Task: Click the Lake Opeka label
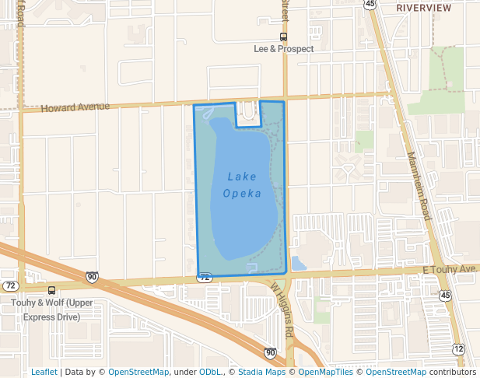pos(242,185)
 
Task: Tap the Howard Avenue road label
pos(75,108)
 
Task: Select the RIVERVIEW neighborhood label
pos(423,7)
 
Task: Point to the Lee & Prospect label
pos(284,48)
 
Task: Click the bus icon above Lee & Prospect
pos(284,37)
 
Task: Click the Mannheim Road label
pos(419,186)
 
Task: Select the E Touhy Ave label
pos(448,269)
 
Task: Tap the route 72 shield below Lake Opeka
pos(205,277)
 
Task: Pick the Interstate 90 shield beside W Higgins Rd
pos(268,353)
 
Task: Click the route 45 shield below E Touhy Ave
pos(444,296)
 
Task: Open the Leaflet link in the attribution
pos(44,372)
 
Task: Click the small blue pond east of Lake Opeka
pos(298,264)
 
